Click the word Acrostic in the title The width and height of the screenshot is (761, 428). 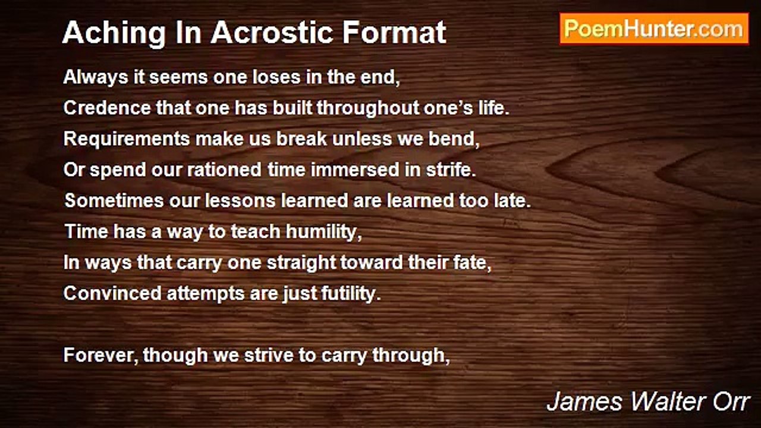coord(270,33)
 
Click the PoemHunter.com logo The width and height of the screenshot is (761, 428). coord(654,29)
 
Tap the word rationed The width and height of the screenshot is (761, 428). coord(224,170)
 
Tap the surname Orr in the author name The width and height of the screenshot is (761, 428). coord(732,402)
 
